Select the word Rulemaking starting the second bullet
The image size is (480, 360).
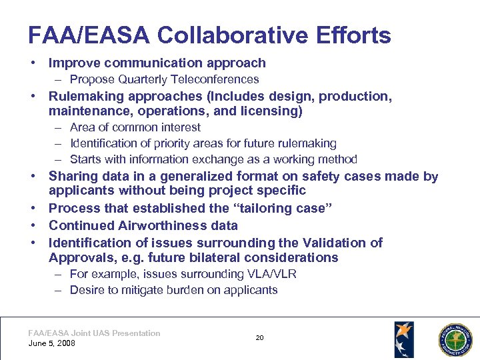pos(86,96)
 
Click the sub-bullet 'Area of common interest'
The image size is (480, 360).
pos(135,127)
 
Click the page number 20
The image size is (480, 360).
pos(259,338)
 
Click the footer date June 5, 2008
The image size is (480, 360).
pos(52,343)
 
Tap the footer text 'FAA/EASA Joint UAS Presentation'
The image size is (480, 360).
pos(94,333)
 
